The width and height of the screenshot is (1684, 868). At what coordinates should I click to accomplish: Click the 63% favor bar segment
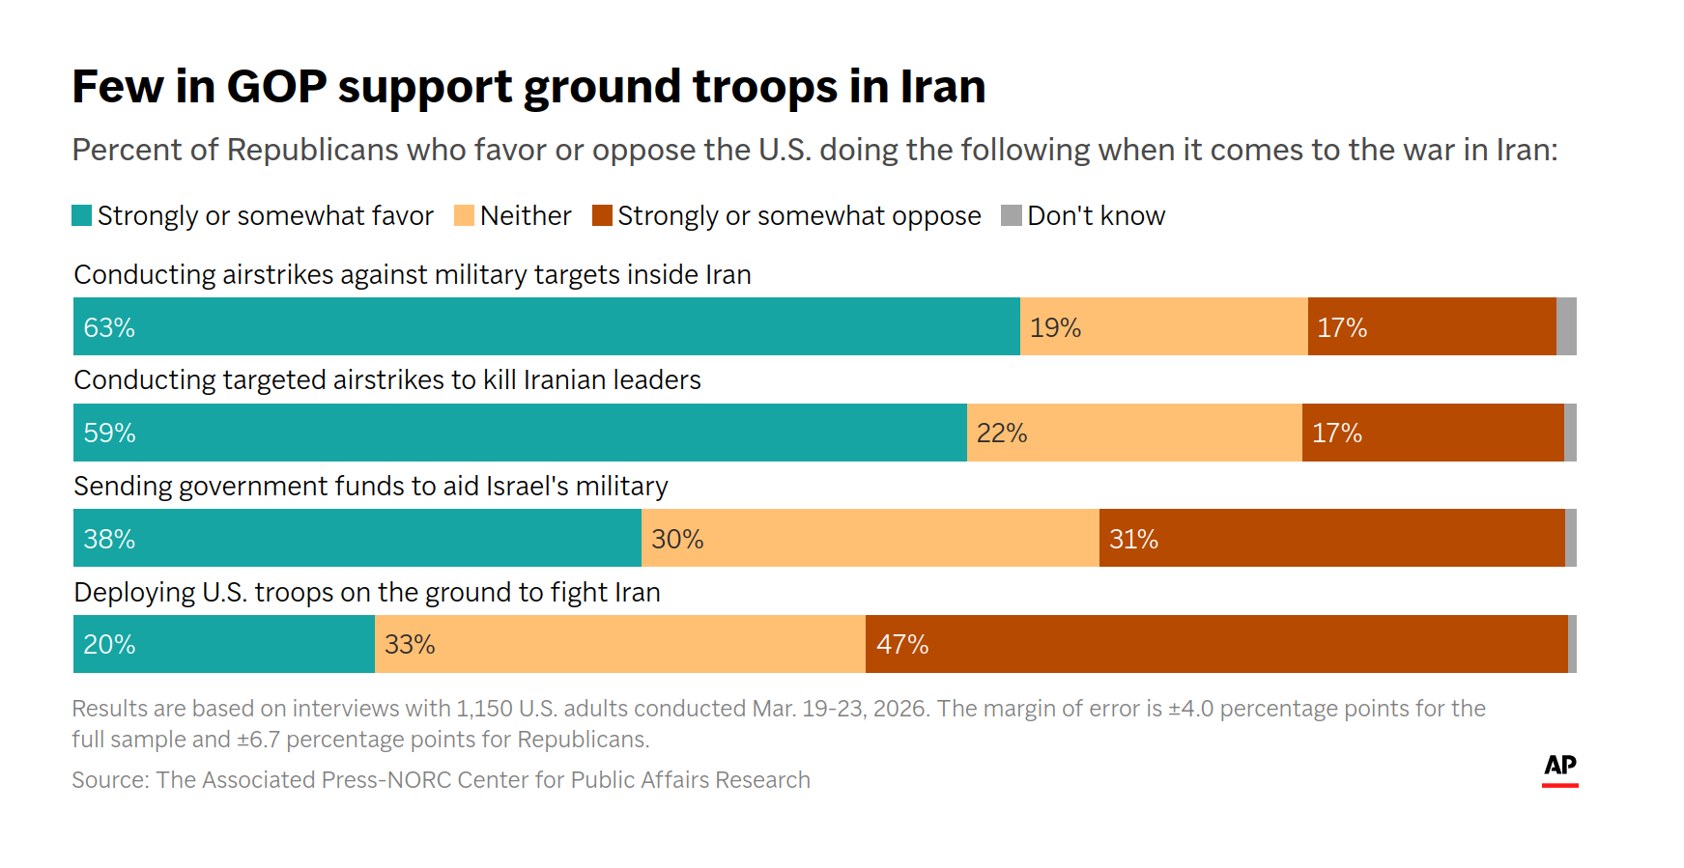[x=546, y=326]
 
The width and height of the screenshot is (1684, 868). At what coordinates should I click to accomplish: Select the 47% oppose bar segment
[x=1215, y=644]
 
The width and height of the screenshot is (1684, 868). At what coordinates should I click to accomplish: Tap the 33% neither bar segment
[x=619, y=644]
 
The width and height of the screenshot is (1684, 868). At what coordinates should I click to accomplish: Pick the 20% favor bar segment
[x=223, y=644]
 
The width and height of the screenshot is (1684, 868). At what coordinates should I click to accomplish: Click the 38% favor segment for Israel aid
[x=357, y=538]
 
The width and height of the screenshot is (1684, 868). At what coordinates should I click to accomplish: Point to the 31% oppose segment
[x=1331, y=538]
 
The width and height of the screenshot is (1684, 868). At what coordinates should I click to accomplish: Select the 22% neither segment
[x=1134, y=433]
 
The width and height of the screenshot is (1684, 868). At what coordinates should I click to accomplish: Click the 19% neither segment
[x=1163, y=326]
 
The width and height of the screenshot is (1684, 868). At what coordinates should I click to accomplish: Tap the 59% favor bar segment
[x=520, y=433]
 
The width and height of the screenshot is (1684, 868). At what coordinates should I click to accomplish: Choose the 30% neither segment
[x=870, y=538]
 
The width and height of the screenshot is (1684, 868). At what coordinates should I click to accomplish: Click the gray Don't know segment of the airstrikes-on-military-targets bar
[x=1566, y=326]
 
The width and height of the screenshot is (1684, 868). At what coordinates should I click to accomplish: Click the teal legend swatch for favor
[x=82, y=215]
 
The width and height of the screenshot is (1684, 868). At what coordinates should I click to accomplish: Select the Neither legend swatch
[x=465, y=215]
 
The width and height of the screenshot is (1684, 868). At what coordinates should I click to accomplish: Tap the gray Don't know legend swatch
[x=1012, y=215]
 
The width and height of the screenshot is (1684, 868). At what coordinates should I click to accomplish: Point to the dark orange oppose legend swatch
[x=603, y=215]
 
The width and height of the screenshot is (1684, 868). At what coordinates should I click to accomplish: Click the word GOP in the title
[x=276, y=87]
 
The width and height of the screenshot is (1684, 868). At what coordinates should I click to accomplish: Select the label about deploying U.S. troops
[x=367, y=592]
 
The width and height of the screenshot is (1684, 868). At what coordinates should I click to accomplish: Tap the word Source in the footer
[x=107, y=780]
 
